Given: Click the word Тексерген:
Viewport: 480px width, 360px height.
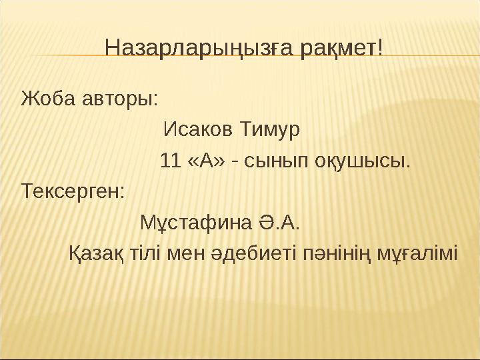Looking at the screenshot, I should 73,191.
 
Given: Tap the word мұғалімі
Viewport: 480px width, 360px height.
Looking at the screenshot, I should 418,253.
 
